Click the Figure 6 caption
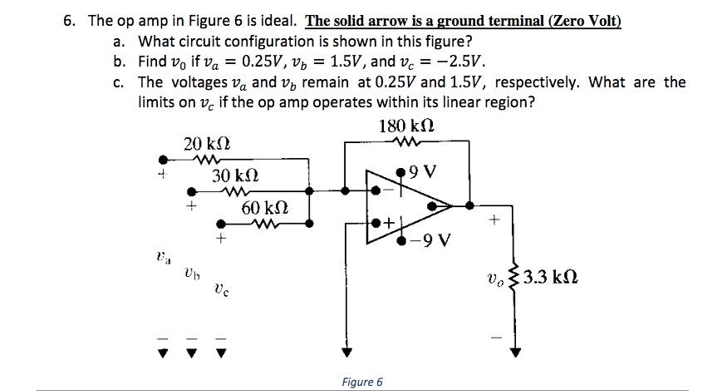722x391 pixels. [362, 382]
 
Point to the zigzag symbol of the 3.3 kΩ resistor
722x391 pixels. [513, 276]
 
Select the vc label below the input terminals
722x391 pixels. [219, 290]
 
